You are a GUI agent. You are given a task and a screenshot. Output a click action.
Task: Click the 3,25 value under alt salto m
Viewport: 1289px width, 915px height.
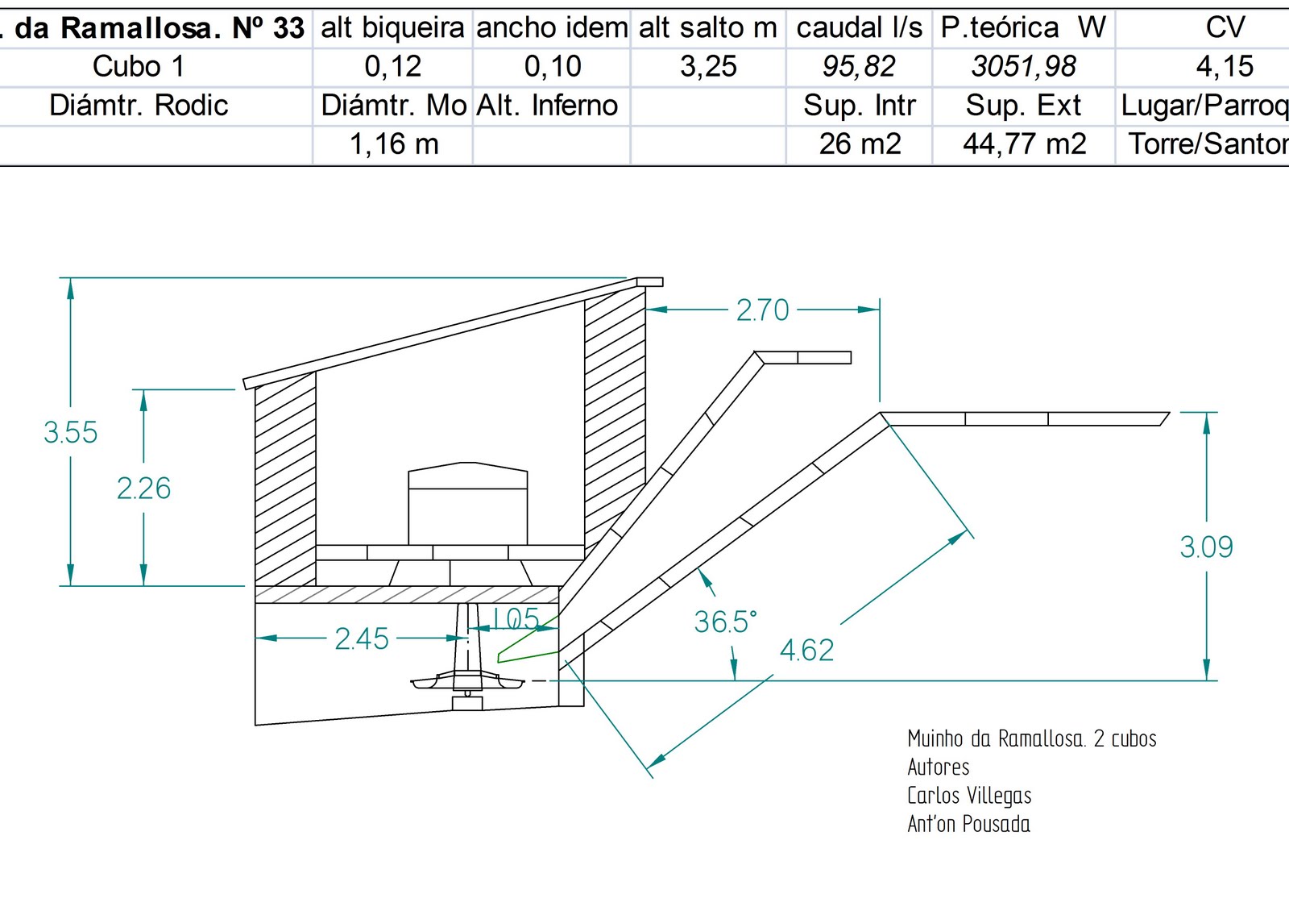708,66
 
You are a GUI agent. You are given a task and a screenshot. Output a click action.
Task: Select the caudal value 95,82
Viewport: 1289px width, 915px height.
859,66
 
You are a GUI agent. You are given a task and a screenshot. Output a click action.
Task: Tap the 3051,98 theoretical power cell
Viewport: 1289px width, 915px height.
1023,66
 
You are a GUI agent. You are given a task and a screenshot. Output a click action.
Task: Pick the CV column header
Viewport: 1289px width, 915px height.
1225,27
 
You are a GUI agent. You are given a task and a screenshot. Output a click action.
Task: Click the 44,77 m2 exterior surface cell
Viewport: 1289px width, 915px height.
1024,143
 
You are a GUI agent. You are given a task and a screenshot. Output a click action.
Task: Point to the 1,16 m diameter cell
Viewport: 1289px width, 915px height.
394,143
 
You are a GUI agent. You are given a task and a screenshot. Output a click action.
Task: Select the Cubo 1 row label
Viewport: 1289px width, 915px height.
139,66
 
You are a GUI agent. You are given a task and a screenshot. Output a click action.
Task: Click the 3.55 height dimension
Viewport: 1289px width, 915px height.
71,433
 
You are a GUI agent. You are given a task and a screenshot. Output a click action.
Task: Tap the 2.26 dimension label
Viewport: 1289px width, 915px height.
144,489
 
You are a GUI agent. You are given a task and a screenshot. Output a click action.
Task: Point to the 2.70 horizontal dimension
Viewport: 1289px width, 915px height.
762,310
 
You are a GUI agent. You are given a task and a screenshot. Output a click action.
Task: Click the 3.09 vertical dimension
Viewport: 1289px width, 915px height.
1206,547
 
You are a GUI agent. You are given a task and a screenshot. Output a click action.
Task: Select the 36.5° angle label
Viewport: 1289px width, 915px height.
725,622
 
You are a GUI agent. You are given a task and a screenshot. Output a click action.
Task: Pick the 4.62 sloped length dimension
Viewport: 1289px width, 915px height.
806,651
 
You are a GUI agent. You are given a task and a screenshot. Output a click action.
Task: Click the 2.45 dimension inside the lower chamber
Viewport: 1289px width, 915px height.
362,639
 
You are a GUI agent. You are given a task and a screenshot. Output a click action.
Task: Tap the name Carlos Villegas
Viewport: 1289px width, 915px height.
969,796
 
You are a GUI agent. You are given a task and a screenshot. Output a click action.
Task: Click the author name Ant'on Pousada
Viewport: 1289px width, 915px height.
968,824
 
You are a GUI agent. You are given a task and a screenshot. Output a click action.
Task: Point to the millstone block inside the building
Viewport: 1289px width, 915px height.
467,505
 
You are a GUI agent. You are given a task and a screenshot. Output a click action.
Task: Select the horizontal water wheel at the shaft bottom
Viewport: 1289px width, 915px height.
467,682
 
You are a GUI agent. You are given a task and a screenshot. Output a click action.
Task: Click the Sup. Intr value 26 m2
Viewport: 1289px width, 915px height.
860,143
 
